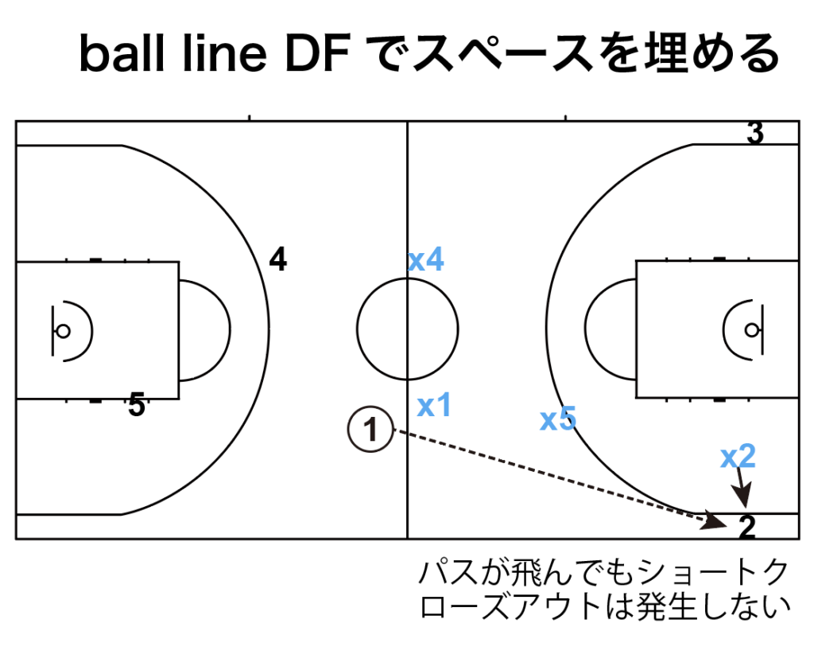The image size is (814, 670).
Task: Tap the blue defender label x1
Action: [434, 406]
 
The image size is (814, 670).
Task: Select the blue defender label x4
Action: [426, 260]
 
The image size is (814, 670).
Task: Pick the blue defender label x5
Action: [557, 419]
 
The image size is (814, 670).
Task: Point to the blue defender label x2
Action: [738, 456]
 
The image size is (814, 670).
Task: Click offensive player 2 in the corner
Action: [746, 526]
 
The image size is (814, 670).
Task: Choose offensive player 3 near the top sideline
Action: [755, 134]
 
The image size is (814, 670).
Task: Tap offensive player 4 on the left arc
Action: [277, 259]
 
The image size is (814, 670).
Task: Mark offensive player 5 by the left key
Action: [137, 407]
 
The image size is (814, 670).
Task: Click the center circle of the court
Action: [408, 328]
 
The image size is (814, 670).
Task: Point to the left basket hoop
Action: [62, 329]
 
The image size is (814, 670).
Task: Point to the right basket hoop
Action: [752, 329]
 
